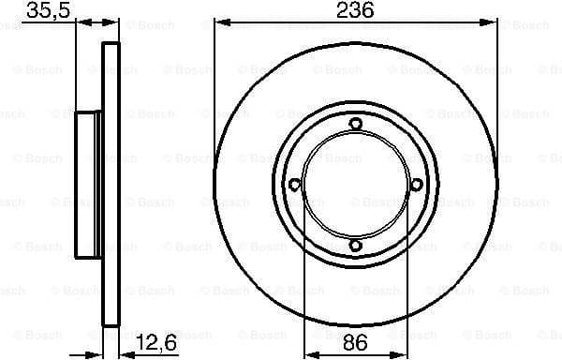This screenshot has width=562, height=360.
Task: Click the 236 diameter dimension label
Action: pyautogui.click(x=355, y=11)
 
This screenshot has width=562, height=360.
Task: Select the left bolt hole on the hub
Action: pyautogui.click(x=294, y=185)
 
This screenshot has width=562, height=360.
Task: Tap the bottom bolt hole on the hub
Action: pyautogui.click(x=355, y=246)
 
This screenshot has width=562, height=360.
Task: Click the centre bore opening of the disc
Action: pyautogui.click(x=355, y=185)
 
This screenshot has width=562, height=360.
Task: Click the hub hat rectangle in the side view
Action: pyautogui.click(x=88, y=185)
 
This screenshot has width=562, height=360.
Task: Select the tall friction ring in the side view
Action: pyautogui.click(x=111, y=185)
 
